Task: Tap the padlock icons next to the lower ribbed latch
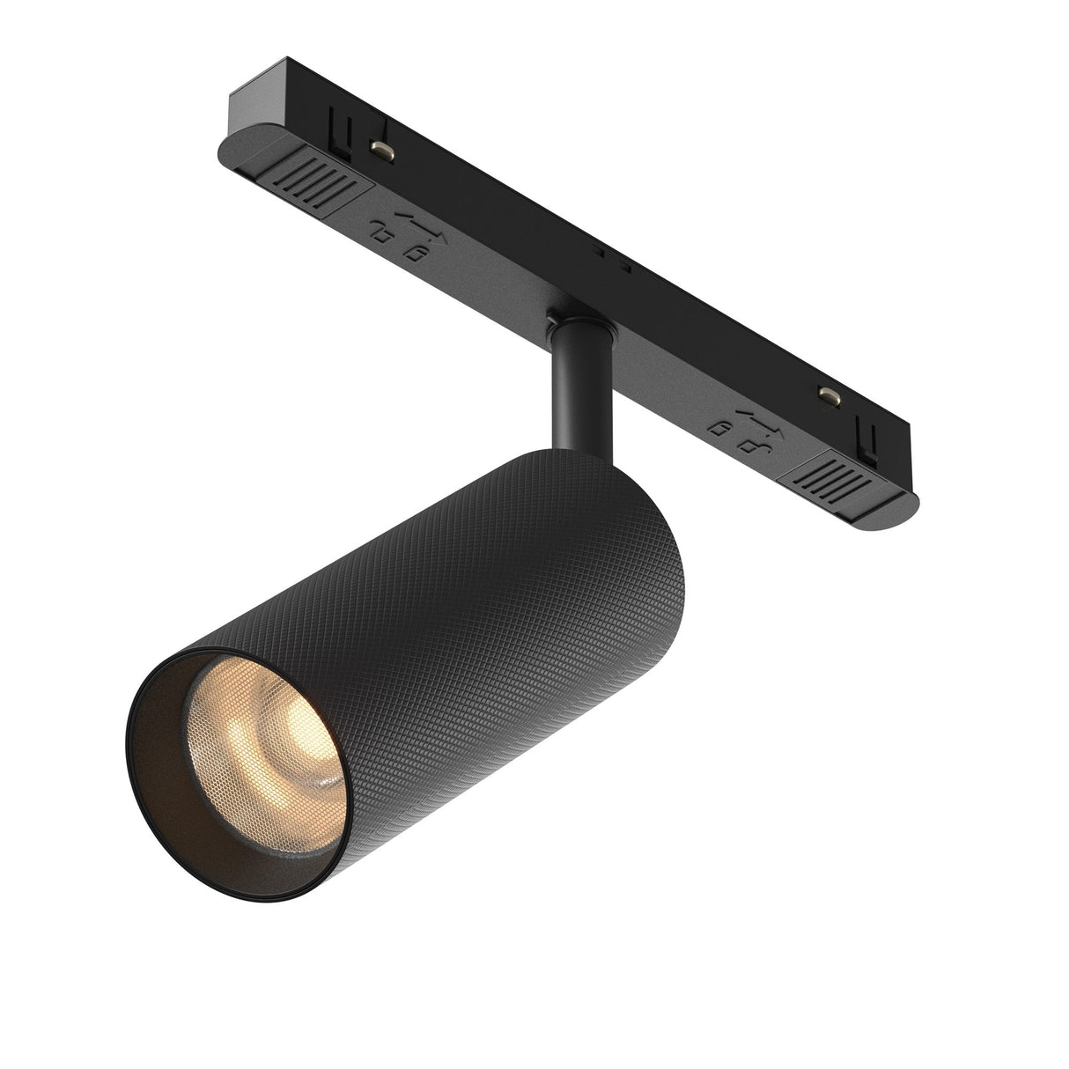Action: click(x=734, y=431)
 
